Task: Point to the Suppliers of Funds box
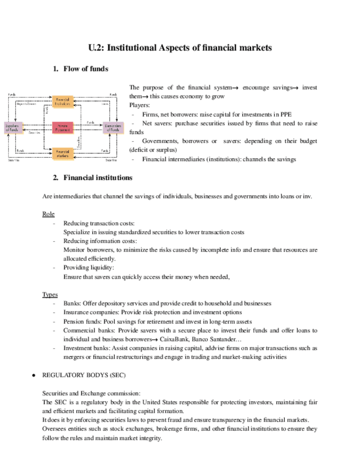pos(13,127)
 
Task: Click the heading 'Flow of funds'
pos(86,69)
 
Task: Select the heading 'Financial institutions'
pos(98,177)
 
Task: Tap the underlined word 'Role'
pos(48,214)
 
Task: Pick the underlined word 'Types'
pos(50,295)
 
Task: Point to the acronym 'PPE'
pos(285,114)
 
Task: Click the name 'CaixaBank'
pos(176,339)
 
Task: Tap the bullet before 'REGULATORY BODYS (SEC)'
pos(34,374)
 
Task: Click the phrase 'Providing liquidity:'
pos(88,268)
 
